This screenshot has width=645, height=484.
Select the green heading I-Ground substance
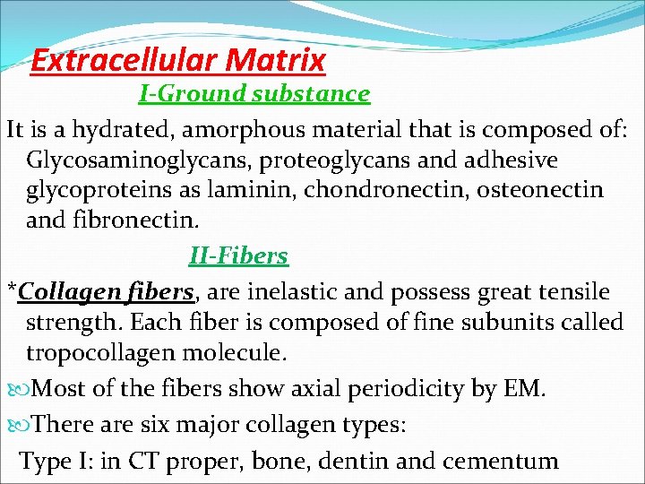(x=254, y=94)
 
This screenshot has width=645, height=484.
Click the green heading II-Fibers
(x=238, y=256)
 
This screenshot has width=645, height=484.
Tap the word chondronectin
(x=432, y=191)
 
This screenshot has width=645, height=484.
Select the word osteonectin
(x=555, y=191)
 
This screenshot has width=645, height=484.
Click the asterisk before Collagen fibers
(x=11, y=290)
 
